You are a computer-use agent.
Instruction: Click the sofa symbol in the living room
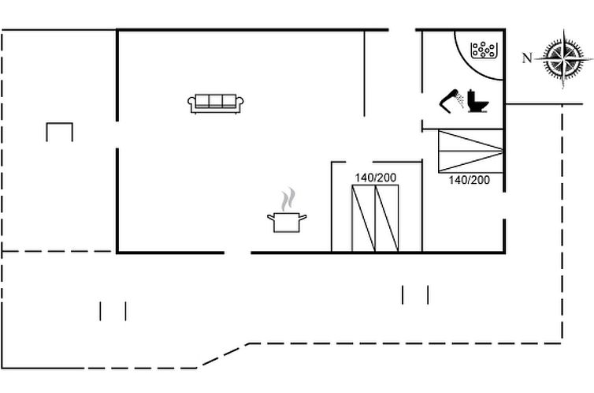[x=216, y=103]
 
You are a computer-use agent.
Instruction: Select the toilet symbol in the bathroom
[x=477, y=101]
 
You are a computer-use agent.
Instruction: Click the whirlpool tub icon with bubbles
[x=483, y=50]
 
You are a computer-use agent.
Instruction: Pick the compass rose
[x=564, y=59]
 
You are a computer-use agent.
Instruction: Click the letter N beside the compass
[x=527, y=58]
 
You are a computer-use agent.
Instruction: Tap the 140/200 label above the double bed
[x=376, y=178]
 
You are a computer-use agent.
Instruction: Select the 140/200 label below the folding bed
[x=469, y=180]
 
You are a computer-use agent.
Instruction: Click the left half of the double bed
[x=364, y=218]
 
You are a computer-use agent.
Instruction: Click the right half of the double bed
[x=387, y=218]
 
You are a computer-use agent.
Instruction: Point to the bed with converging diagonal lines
[x=470, y=152]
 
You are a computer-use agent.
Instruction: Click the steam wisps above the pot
[x=288, y=200]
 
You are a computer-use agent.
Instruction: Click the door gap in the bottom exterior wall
[x=238, y=253]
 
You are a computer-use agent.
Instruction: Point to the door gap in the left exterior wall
[x=117, y=135]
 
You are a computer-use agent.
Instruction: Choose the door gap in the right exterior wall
[x=504, y=205]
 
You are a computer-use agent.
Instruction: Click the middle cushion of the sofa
[x=216, y=101]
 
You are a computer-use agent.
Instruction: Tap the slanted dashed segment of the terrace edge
[x=223, y=356]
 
